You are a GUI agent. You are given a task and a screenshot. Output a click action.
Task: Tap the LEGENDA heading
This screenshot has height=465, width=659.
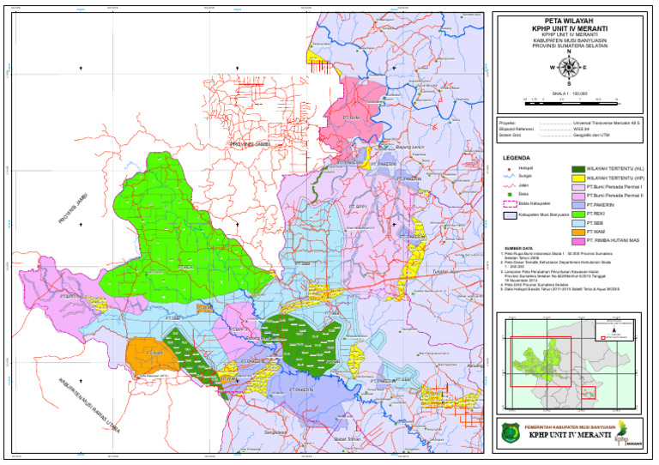pyautogui.click(x=517, y=159)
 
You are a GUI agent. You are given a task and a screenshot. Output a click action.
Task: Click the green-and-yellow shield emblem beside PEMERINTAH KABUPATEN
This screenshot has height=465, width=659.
pyautogui.click(x=512, y=432)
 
